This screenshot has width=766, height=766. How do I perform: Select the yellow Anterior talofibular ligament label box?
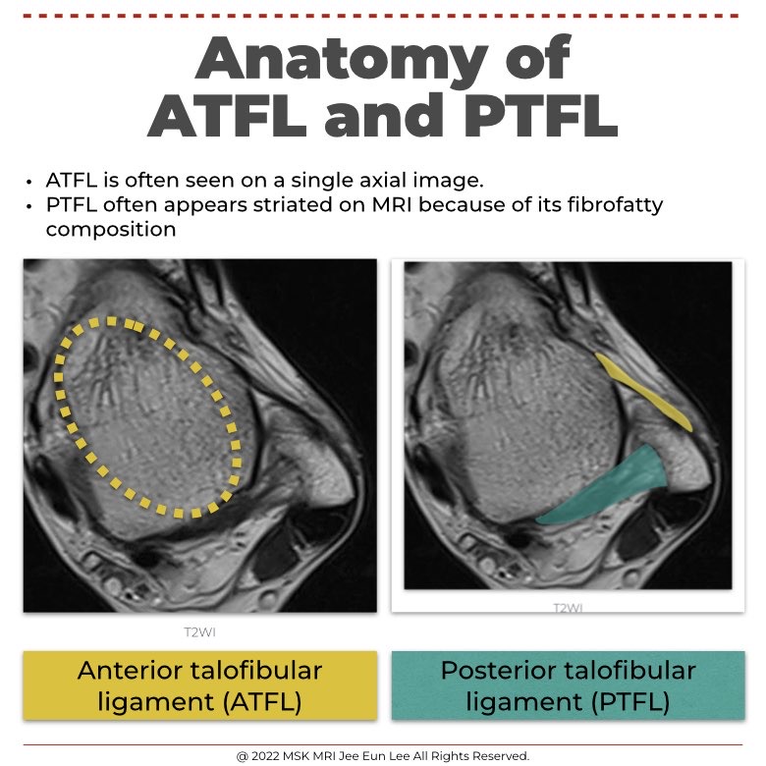[199, 684]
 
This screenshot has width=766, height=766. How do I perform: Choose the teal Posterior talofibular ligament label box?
[567, 684]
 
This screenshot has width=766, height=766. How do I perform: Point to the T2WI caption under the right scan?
[567, 608]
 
